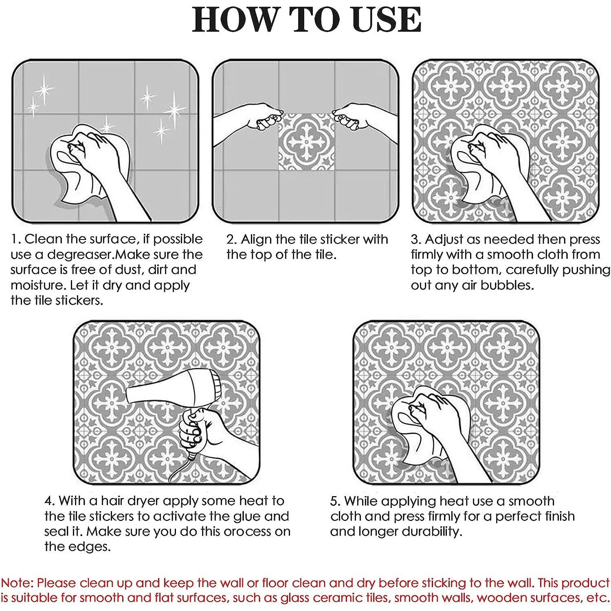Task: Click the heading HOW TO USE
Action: tap(306, 19)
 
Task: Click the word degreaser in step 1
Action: tap(79, 255)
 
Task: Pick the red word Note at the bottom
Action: tap(16, 583)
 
